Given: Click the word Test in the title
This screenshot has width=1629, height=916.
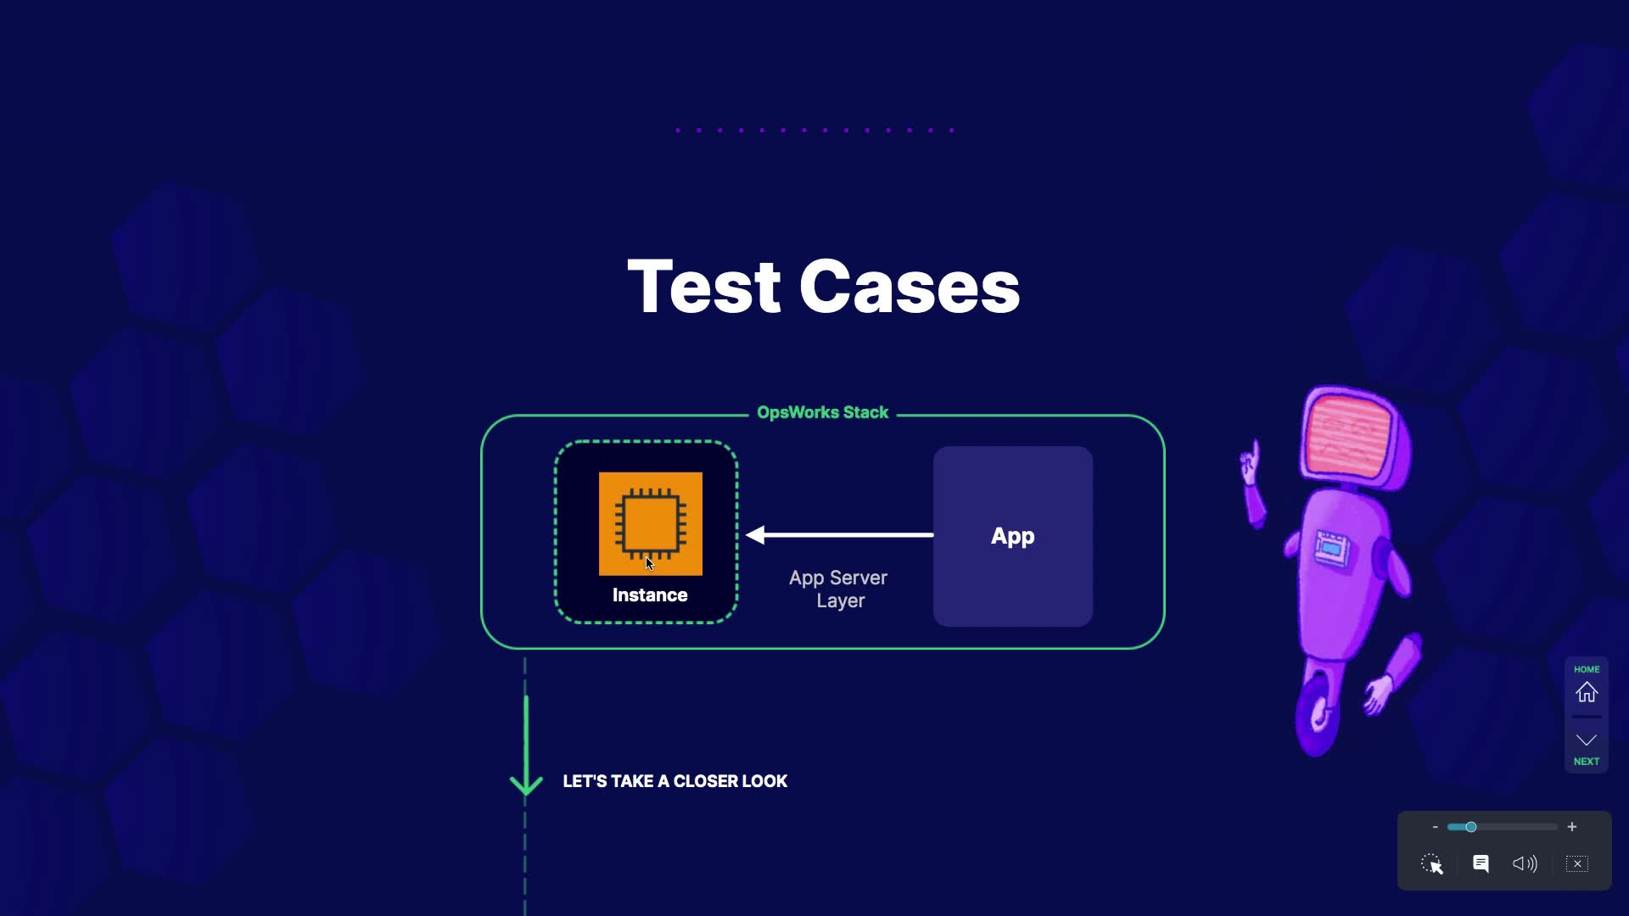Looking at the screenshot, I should click(x=703, y=287).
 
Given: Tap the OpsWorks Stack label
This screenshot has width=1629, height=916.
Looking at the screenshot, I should click(x=822, y=413).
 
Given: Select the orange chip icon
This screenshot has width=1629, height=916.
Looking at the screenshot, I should click(x=651, y=523).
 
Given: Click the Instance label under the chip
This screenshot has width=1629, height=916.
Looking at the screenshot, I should click(x=650, y=595).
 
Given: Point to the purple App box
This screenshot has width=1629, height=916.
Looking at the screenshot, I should click(x=1012, y=536).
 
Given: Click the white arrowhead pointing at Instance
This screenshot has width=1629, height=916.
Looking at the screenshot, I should click(x=755, y=535).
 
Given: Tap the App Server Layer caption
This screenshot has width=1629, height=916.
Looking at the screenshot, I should click(x=838, y=589).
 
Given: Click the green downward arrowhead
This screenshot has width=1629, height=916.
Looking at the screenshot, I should click(x=526, y=784).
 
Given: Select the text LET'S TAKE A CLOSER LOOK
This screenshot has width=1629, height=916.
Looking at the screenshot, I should click(x=675, y=781).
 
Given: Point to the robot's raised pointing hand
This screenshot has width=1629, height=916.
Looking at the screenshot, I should click(x=1250, y=462).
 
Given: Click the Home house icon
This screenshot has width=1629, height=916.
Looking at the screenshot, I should click(x=1586, y=693).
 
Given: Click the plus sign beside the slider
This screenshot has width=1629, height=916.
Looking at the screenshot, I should click(x=1572, y=827).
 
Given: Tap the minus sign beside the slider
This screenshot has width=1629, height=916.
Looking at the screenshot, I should click(x=1435, y=827).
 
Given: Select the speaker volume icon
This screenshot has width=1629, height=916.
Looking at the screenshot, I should click(x=1525, y=864).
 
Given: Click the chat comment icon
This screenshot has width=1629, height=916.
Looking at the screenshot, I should click(x=1481, y=864).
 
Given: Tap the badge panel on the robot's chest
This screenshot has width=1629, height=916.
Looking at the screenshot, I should click(x=1331, y=548).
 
